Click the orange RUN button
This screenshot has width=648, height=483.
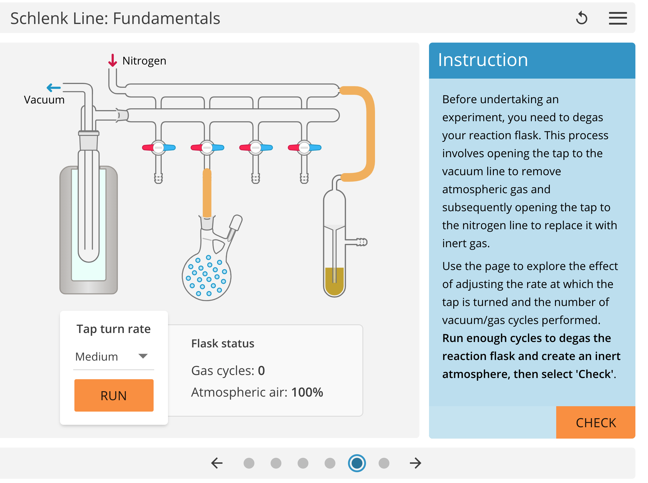114,395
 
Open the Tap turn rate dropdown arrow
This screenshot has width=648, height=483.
143,356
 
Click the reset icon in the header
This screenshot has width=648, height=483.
581,18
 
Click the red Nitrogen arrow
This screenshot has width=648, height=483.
112,60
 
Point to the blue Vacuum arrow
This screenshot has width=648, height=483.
54,88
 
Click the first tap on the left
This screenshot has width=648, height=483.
158,148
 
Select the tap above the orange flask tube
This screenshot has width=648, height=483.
207,148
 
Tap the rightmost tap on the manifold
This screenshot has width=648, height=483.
304,148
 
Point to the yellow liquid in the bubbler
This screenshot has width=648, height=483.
334,280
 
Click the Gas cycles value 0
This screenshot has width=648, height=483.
261,371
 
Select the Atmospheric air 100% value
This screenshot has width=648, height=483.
307,392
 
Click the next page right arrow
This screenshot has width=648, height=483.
415,463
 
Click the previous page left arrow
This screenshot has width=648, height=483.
217,463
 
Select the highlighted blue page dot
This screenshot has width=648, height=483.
357,463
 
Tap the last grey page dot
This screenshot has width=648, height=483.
384,463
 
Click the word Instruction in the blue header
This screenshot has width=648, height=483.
483,60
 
